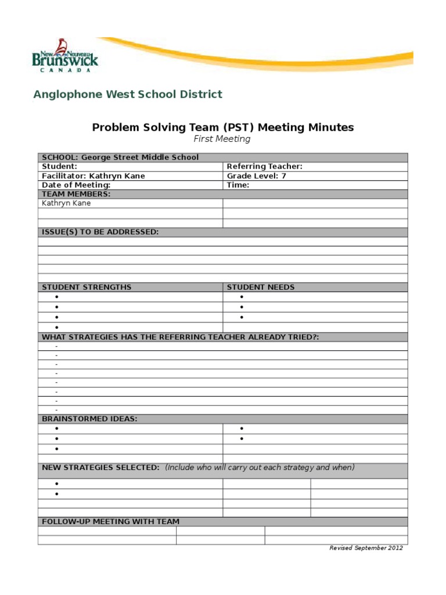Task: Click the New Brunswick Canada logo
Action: click(x=64, y=56)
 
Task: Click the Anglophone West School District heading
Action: click(x=128, y=94)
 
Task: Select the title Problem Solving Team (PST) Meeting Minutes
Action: click(x=223, y=127)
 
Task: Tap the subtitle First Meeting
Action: click(x=222, y=139)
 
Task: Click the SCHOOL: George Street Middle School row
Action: click(x=120, y=157)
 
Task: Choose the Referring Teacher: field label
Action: click(x=264, y=167)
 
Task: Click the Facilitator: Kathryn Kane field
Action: click(x=93, y=176)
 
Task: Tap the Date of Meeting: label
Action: click(x=76, y=185)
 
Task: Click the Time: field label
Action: click(x=238, y=185)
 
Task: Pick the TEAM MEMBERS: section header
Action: click(x=76, y=194)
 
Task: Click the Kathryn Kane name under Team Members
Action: click(x=66, y=203)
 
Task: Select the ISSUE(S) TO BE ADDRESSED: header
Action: click(x=100, y=232)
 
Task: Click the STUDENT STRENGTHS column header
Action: click(x=87, y=287)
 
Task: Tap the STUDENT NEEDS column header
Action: click(x=261, y=287)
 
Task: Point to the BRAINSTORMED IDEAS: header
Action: click(x=89, y=418)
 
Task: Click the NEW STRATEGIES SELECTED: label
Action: click(x=100, y=468)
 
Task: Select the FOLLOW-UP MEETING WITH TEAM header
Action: click(x=110, y=522)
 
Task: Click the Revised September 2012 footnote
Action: click(x=366, y=548)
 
